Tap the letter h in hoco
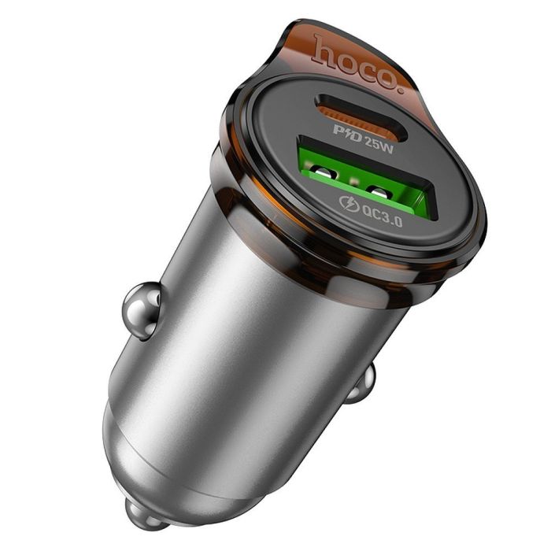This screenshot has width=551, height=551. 324,48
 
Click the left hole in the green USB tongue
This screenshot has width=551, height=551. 324,171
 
